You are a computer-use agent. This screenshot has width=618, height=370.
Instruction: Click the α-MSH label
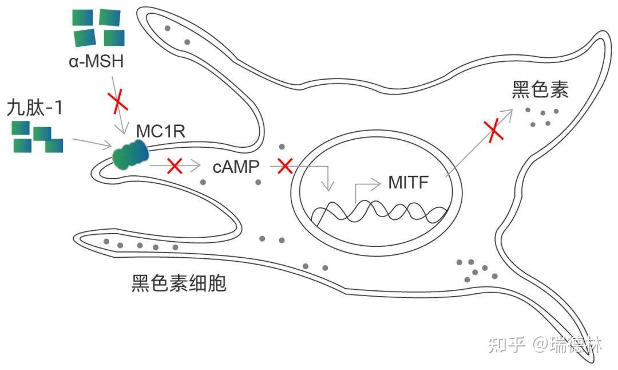pos(96,61)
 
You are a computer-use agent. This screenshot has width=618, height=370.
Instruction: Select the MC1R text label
pos(161,131)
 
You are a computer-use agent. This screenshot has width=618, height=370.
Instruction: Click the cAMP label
pos(236,167)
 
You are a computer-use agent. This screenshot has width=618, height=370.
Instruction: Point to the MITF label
pos(409,183)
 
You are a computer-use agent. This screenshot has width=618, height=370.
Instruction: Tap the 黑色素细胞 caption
pos(179,283)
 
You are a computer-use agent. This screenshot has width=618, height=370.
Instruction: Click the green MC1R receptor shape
pos(130,156)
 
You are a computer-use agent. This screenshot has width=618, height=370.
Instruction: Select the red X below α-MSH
pos(118,103)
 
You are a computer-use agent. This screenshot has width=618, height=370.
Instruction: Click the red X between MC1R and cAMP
pos(175,167)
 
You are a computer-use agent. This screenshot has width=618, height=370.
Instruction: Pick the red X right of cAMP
pos(284,166)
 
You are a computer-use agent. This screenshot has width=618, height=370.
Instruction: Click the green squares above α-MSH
pos(98,27)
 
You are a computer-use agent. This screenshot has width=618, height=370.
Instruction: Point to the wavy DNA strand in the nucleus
pos(378,212)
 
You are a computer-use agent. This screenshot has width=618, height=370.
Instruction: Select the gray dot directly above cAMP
pos(282,147)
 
